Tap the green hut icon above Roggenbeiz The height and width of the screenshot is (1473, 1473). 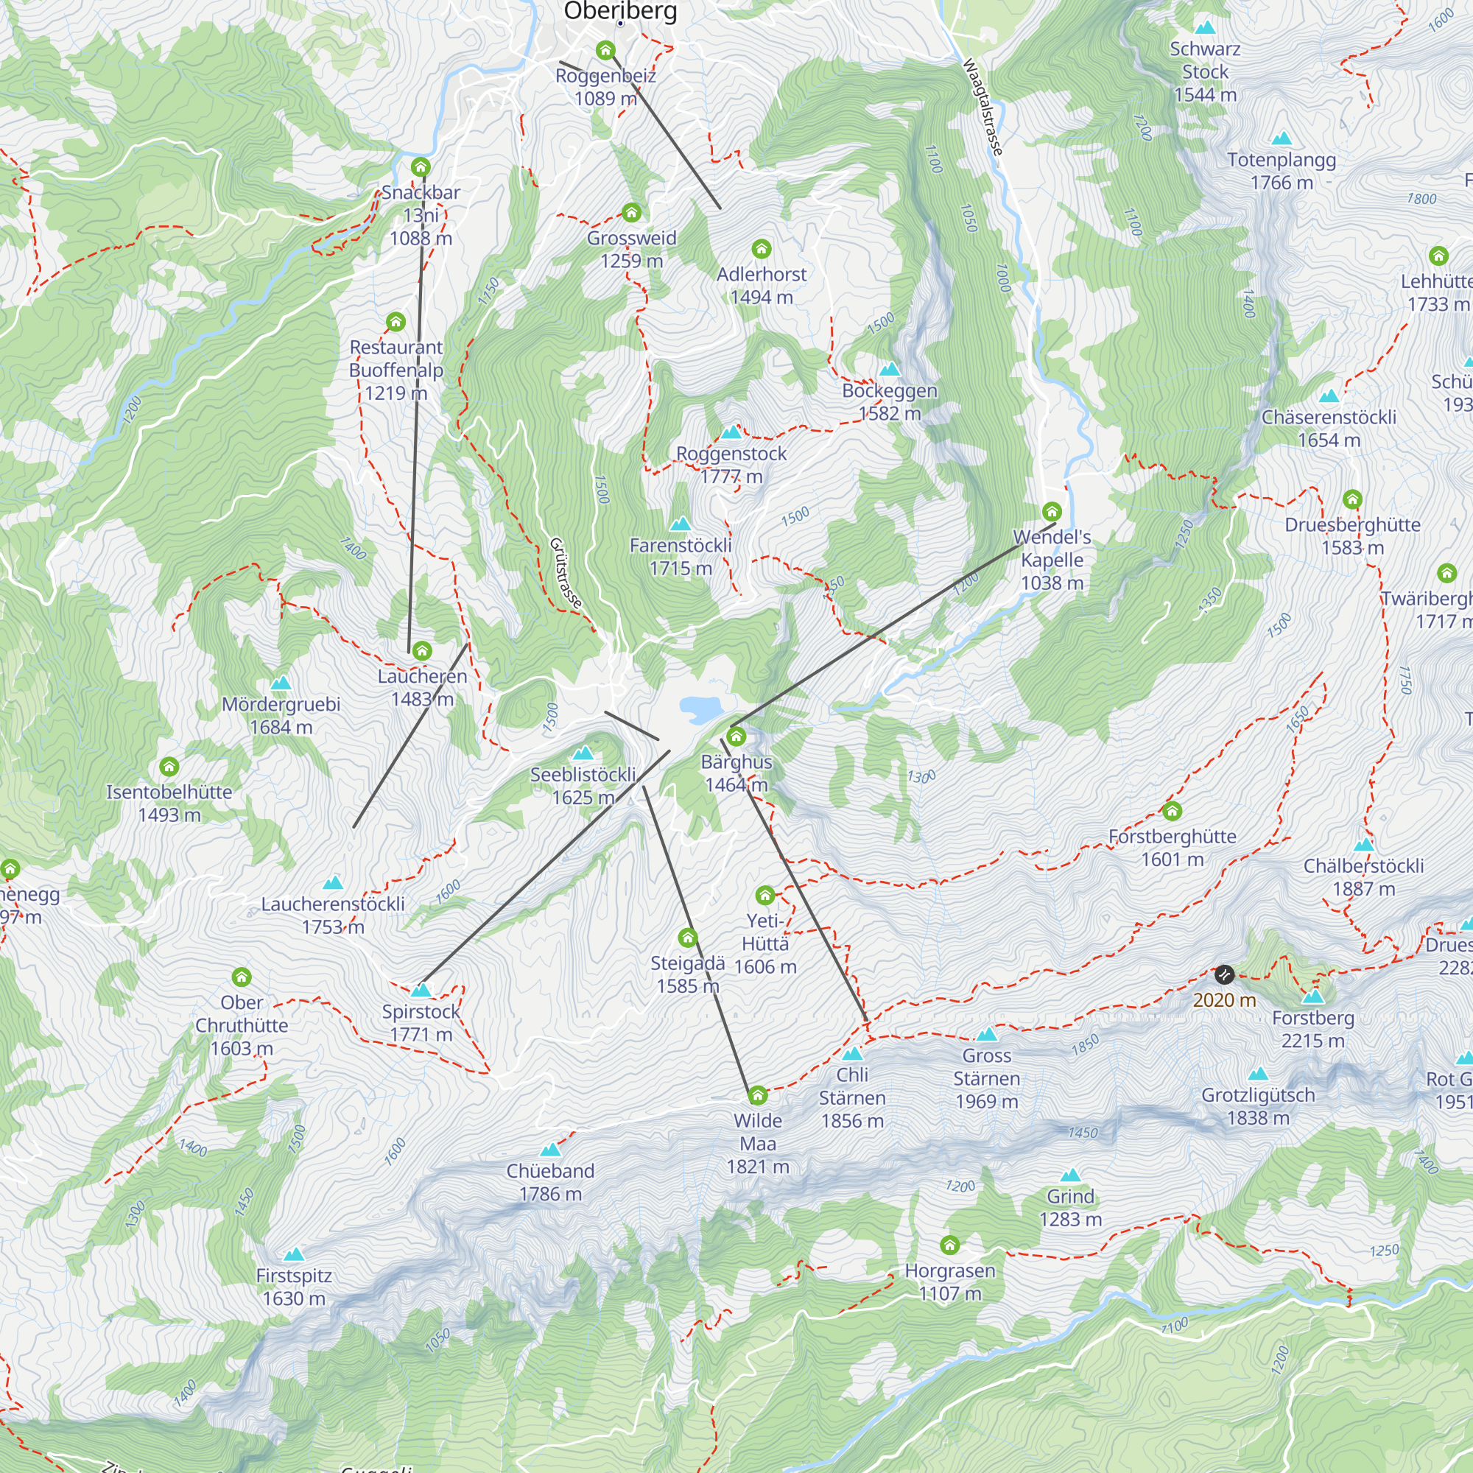point(605,50)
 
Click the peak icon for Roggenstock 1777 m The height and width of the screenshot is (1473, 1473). point(731,432)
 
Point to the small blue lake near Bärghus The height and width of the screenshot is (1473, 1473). point(700,709)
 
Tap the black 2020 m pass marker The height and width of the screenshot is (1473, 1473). point(1223,974)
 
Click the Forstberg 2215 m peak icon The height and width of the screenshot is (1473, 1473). point(1312,996)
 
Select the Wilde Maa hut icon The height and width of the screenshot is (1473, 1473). point(757,1096)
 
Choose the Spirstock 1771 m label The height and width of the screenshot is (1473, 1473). point(421,1022)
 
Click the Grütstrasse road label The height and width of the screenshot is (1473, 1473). point(566,572)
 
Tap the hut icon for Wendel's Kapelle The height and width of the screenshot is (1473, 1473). point(1052,511)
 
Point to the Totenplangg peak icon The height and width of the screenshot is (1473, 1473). point(1282,138)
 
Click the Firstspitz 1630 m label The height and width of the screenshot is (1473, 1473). point(294,1286)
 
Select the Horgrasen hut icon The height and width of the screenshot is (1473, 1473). point(949,1245)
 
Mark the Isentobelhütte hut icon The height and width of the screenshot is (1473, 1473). point(169,766)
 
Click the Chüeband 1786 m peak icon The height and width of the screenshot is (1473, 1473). point(549,1150)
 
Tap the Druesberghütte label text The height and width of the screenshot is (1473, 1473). point(1351,524)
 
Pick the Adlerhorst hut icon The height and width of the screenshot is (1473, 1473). point(761,248)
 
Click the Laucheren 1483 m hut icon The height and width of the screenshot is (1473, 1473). point(421,650)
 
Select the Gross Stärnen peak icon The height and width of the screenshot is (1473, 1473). point(987,1035)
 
